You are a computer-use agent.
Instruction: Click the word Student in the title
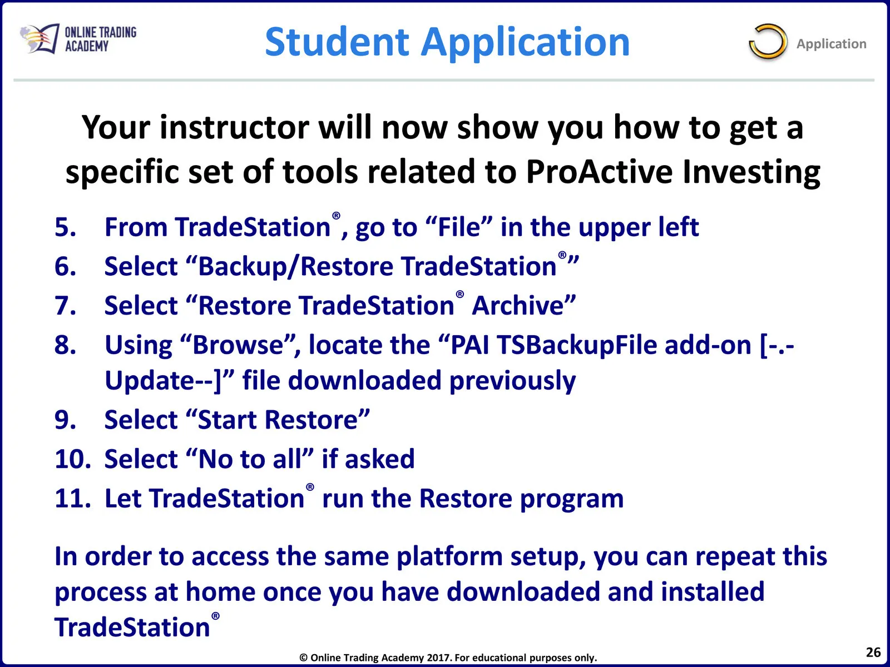pos(337,42)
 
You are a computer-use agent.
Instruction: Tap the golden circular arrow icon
pos(768,42)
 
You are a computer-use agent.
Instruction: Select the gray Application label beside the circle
pos(831,44)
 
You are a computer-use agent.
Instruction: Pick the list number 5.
pos(65,227)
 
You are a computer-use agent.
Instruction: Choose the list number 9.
pos(65,420)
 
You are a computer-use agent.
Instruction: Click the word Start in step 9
pos(227,420)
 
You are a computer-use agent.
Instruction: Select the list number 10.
pos(73,459)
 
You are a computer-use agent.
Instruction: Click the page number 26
pos(873,652)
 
